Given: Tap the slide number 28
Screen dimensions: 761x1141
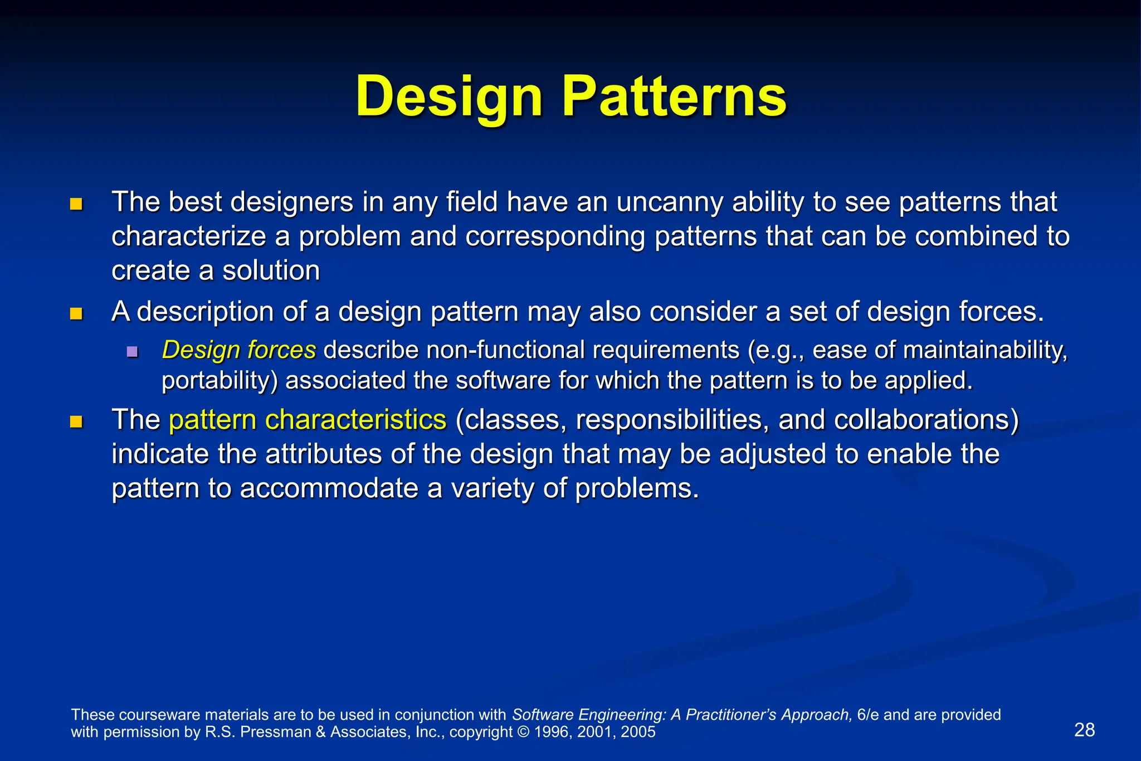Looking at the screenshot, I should (x=1084, y=730).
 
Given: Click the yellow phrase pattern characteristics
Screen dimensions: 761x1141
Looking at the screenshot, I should (x=308, y=419).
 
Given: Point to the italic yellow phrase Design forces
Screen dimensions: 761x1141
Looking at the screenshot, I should (x=239, y=350).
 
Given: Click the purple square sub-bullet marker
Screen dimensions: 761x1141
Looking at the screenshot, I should (x=132, y=352).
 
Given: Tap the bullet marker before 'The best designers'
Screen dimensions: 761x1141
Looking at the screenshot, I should (x=76, y=204).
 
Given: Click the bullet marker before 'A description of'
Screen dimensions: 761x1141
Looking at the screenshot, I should (x=76, y=314).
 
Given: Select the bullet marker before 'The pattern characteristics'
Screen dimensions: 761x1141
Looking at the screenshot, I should (x=76, y=421).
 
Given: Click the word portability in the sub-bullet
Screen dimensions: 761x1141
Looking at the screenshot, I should (x=219, y=381).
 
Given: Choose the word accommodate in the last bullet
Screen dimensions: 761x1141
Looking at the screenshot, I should (x=329, y=488).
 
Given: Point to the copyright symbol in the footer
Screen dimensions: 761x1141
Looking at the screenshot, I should (x=523, y=732).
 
